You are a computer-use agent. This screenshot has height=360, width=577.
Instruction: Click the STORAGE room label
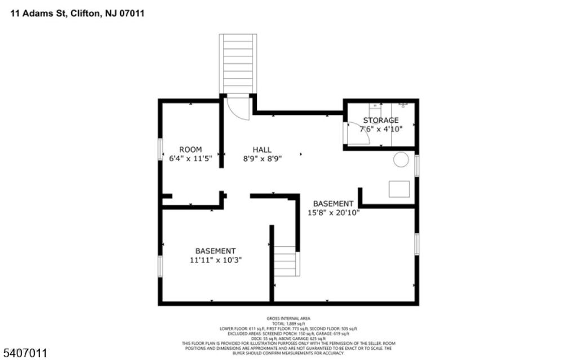pos(381,120)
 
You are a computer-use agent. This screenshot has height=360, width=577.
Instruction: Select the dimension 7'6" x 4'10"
pos(381,128)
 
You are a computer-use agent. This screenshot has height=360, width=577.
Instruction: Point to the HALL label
pos(261,149)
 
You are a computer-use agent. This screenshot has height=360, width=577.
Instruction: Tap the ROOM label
pos(190,149)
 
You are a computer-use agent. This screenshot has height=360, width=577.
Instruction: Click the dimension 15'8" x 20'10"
pos(334,212)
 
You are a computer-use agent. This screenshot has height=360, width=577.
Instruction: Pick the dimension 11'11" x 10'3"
pos(216,260)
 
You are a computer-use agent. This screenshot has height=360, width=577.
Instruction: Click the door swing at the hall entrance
pos(239,107)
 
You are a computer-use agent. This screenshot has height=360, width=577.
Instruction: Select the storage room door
pos(355,134)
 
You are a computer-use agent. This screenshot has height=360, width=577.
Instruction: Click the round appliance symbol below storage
pos(401,160)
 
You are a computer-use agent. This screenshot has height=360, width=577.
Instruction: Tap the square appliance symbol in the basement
pos(399,189)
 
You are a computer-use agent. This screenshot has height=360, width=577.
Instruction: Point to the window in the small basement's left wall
pos(160,266)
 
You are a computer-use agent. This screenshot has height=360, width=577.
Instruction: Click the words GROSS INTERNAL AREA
pos(288,318)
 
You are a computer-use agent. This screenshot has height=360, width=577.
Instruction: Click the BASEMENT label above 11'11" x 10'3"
pos(216,251)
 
